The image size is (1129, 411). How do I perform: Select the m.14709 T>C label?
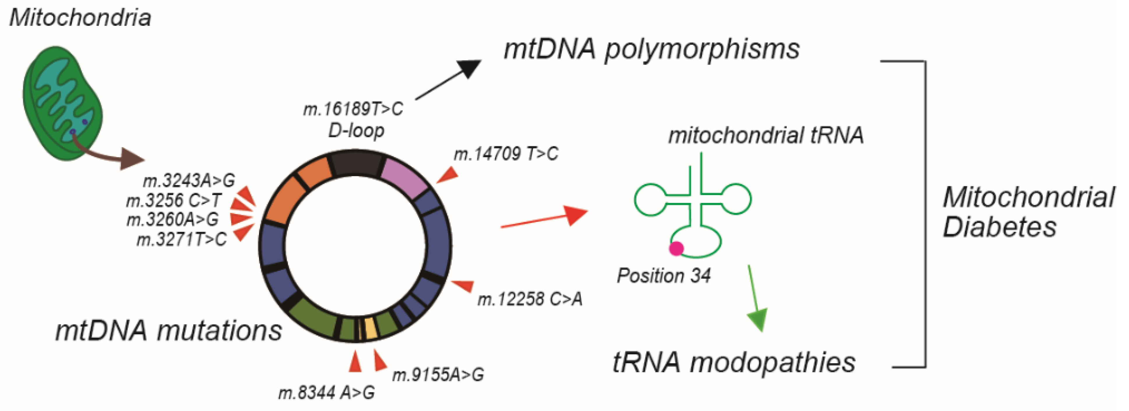click(x=506, y=154)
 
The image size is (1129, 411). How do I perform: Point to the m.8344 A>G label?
click(x=327, y=392)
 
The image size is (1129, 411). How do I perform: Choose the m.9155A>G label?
click(x=438, y=375)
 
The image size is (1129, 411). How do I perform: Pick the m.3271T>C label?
click(x=182, y=240)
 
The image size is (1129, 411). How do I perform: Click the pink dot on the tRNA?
click(x=676, y=248)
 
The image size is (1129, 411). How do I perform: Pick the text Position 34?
click(x=663, y=275)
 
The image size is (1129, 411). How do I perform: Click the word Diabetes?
click(x=999, y=227)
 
